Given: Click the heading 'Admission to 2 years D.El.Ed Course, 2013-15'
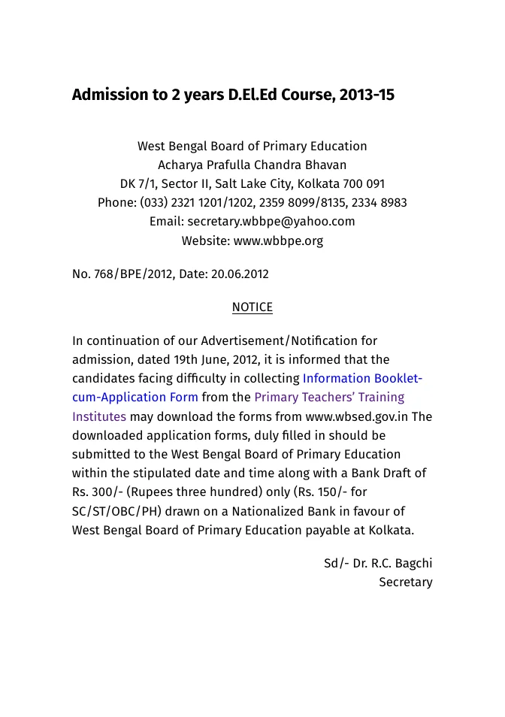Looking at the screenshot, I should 233,95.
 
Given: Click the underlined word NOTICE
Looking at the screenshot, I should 252,307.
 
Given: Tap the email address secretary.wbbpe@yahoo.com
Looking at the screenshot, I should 271,222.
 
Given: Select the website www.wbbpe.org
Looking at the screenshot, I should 278,241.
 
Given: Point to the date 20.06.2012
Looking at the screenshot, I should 239,274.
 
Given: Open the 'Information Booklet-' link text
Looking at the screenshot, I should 362,379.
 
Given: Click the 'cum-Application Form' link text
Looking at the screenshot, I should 135,398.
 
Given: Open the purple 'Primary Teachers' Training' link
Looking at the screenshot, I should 329,398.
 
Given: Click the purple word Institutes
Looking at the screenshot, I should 99,416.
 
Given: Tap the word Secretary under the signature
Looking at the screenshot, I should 405,582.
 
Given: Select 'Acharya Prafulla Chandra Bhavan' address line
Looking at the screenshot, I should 252,165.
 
